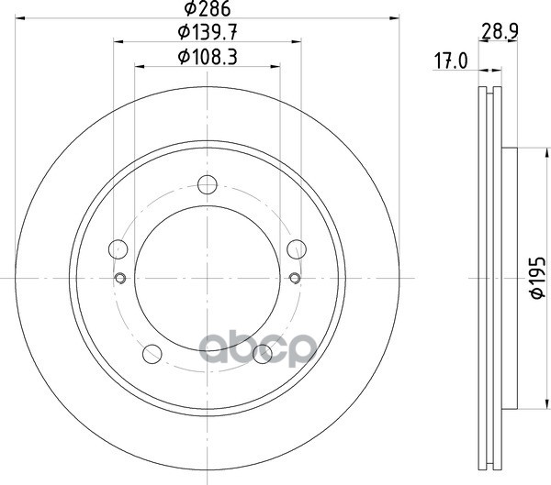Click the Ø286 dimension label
pyautogui.click(x=208, y=8)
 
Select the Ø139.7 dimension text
pyautogui.click(x=208, y=33)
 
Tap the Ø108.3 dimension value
pyautogui.click(x=208, y=57)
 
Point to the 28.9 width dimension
pyautogui.click(x=500, y=31)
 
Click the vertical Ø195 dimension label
pyautogui.click(x=537, y=278)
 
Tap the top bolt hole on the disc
pyautogui.click(x=208, y=184)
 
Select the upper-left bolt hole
pyautogui.click(x=118, y=249)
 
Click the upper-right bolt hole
pyautogui.click(x=297, y=249)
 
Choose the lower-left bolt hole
pyautogui.click(x=152, y=354)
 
